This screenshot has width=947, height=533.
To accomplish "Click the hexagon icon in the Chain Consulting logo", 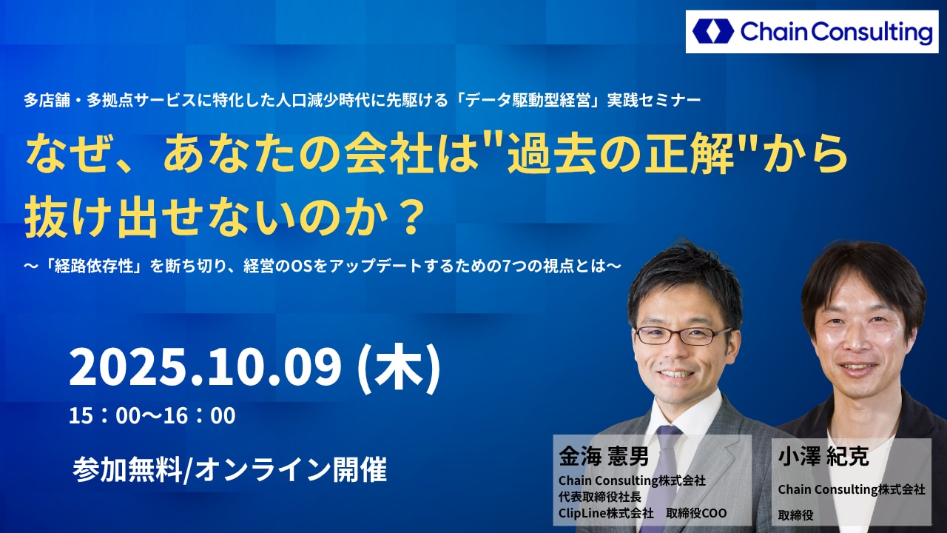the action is click(x=713, y=31).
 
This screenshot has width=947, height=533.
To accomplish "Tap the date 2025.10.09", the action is click(x=205, y=367).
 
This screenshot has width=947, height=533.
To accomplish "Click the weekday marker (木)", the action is click(x=399, y=368).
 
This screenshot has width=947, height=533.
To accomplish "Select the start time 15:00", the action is click(x=104, y=415).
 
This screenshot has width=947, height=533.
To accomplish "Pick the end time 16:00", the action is click(x=200, y=415).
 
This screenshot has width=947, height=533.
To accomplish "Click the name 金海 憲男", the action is click(x=603, y=457).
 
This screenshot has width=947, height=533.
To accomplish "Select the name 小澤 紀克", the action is click(x=823, y=457).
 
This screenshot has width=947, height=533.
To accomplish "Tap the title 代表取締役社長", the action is click(x=600, y=497).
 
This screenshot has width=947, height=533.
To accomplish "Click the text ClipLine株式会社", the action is click(x=606, y=513).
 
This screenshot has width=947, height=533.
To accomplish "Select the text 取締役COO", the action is click(x=696, y=513).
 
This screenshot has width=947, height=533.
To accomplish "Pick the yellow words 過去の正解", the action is click(x=620, y=153).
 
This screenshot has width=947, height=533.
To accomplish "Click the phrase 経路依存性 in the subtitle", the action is click(x=94, y=266).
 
